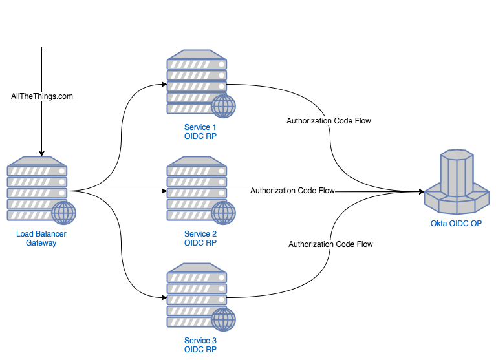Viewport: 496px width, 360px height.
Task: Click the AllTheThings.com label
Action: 42,96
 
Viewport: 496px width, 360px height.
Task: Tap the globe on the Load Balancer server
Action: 63,213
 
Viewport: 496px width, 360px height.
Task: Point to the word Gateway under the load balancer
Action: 41,243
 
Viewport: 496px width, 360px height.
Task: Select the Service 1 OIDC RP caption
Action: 200,131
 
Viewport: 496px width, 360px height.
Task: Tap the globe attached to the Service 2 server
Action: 223,213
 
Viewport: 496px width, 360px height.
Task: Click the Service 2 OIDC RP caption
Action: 200,238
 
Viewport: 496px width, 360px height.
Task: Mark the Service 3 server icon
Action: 197,295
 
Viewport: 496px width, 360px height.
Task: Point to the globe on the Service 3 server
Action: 223,319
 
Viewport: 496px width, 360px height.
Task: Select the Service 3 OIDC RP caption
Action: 200,344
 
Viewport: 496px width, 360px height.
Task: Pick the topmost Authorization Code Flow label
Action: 329,121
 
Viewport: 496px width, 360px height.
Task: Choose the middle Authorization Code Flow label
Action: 292,191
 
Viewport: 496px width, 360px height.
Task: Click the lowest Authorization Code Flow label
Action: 330,244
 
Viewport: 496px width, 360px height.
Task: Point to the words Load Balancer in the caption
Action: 41,234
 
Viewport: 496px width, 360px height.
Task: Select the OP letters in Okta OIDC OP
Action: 475,224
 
